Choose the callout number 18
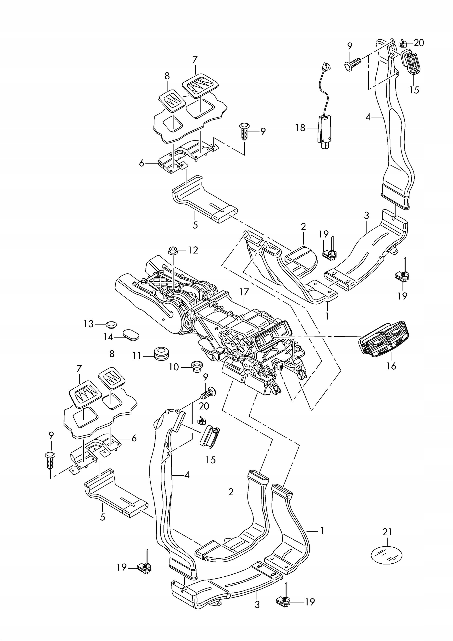point(300,128)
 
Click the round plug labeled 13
point(111,325)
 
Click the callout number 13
point(89,324)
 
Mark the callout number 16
point(391,366)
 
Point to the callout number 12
point(193,250)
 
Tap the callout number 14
point(108,337)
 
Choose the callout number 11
point(137,356)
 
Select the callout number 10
point(174,367)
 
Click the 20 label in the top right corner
point(419,43)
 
